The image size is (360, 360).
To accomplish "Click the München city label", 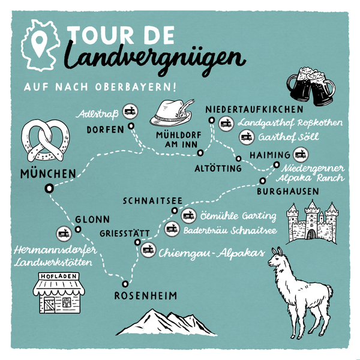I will [47, 175].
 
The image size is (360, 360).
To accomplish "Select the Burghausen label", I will [287, 191].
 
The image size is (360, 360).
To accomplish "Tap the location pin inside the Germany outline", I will [40, 43].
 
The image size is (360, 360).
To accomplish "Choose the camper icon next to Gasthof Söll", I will [245, 137].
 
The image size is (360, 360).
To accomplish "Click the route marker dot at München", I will [49, 188].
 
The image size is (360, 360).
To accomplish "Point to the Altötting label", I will [218, 169].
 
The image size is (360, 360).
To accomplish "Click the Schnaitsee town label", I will [148, 200].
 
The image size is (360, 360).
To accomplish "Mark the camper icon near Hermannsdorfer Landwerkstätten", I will [63, 233].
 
